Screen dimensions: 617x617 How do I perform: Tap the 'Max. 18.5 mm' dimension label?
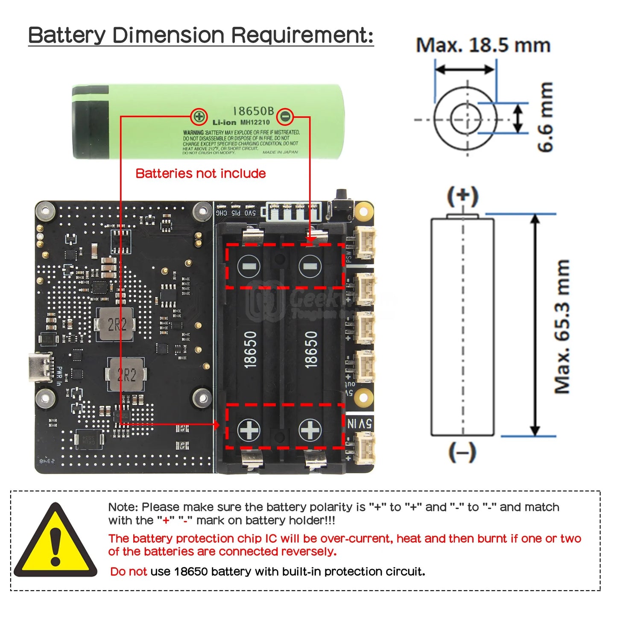coord(483,45)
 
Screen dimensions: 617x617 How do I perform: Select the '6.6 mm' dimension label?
coord(545,117)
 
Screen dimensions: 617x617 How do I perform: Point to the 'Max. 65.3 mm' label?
coord(562,327)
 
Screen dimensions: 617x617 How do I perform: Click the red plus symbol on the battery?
coord(199,116)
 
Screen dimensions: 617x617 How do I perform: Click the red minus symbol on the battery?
coord(285,116)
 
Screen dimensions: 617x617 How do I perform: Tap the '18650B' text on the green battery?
coord(253,111)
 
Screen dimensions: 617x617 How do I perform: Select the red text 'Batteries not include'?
coord(201,173)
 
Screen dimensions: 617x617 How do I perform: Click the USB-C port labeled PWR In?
coord(41,367)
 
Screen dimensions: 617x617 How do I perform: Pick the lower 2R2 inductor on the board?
coord(126,375)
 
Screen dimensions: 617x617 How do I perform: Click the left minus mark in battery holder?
coord(249,267)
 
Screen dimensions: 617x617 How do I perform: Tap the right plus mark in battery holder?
coord(310,430)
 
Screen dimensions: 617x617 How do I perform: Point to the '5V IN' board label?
coord(359,424)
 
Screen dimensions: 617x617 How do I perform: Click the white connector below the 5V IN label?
coord(364,447)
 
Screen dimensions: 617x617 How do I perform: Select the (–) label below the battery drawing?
coord(462,452)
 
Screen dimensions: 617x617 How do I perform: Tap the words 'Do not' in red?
coord(128,571)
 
